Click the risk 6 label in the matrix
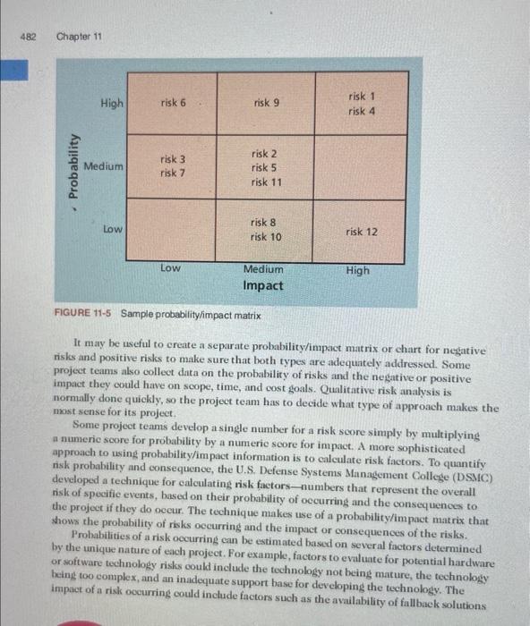click(174, 103)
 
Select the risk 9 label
click(267, 103)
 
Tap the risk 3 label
click(174, 159)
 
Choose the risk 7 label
click(174, 173)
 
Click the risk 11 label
click(267, 182)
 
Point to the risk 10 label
click(267, 237)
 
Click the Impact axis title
click(263, 286)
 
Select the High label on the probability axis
click(113, 103)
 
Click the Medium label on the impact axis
click(263, 268)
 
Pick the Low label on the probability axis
click(113, 229)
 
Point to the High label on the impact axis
click(357, 269)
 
